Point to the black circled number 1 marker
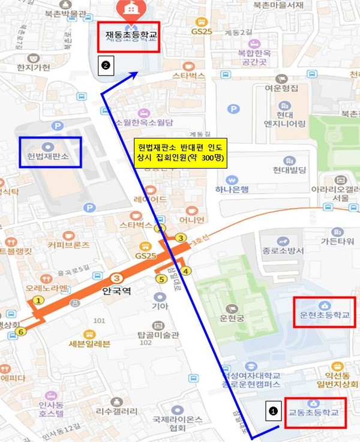coord(274,411)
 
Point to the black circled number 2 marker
coord(106,65)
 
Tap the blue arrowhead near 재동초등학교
coord(137,74)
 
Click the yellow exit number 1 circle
coord(39,300)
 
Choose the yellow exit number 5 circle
coord(161,278)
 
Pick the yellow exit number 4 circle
coord(186,271)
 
